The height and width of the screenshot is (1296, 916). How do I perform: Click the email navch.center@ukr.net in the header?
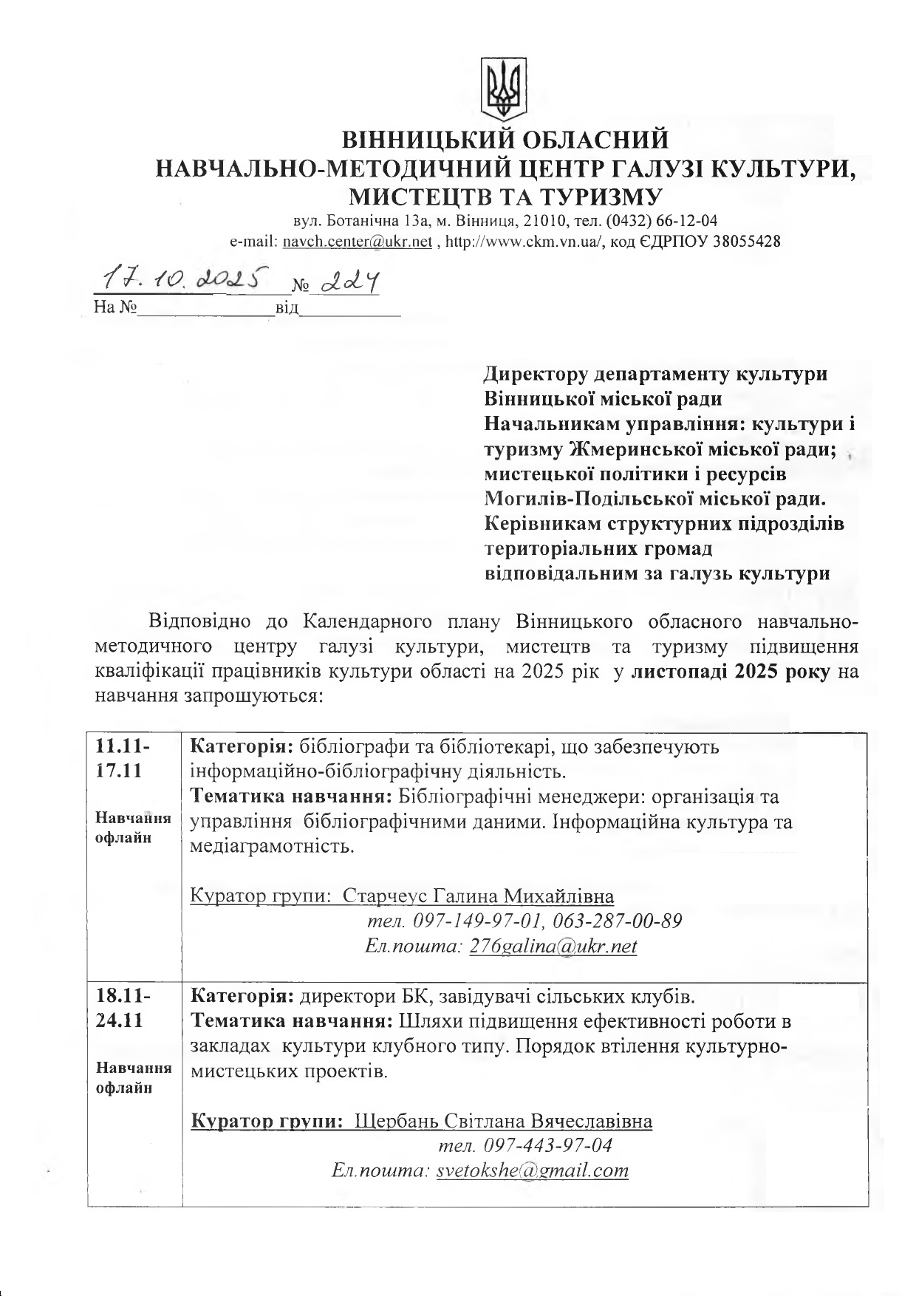[358, 242]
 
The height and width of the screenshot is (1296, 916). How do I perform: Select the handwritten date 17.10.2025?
[180, 279]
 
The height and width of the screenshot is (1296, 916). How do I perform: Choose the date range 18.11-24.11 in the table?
[123, 1009]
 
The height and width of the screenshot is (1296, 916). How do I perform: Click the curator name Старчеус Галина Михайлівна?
[479, 897]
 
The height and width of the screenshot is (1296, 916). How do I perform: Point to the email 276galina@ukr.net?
[553, 947]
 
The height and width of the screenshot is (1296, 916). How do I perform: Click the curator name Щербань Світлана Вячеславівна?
[504, 1122]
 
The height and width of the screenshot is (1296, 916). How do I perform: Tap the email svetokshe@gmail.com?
[533, 1170]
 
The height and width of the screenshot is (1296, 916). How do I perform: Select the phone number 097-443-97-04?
[547, 1146]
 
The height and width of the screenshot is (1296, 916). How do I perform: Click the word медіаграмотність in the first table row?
[272, 846]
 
